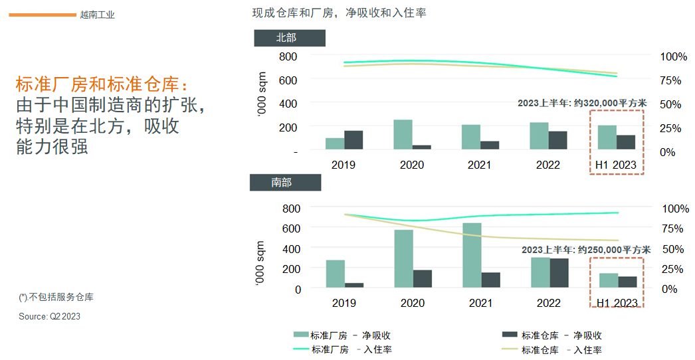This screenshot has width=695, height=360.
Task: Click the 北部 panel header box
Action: (x=289, y=39)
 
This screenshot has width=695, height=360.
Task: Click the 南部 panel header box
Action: (x=285, y=182)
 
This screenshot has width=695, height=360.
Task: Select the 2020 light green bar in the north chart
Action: (x=403, y=135)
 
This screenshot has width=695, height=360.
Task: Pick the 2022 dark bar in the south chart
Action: (x=559, y=273)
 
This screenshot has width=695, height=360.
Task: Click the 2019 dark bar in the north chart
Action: (x=353, y=140)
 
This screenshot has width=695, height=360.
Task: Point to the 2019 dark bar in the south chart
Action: (x=353, y=285)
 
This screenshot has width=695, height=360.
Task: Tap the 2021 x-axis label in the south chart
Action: (x=480, y=303)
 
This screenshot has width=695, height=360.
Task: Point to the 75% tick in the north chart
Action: (x=670, y=80)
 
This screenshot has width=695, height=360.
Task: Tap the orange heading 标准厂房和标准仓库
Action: (x=102, y=85)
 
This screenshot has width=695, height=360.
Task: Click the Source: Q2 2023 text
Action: (x=49, y=317)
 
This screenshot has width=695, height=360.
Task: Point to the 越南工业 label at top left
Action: (x=97, y=15)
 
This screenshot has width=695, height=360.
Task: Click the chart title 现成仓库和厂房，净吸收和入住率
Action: (x=340, y=13)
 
